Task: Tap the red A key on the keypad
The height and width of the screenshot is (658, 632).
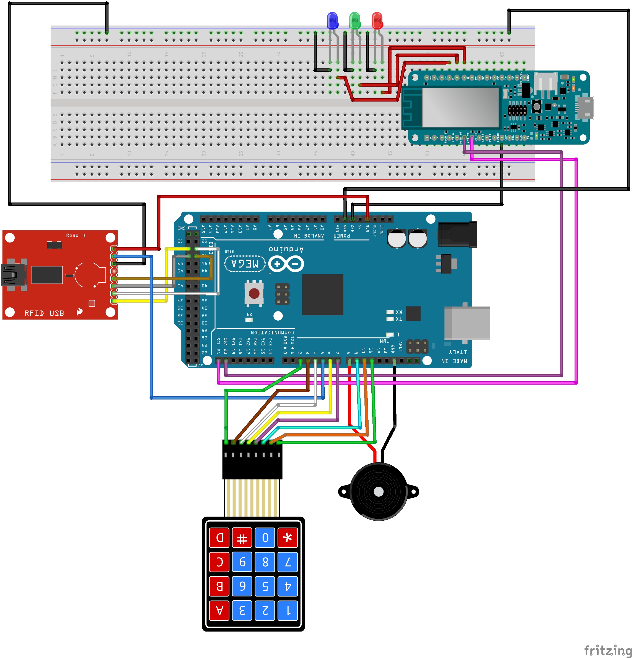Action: [x=220, y=610]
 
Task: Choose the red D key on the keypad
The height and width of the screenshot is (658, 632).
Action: [x=220, y=537]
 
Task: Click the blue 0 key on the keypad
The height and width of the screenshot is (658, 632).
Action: [x=265, y=537]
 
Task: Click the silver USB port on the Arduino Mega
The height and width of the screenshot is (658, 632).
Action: [x=467, y=323]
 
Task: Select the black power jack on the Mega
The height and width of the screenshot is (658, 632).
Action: [x=457, y=234]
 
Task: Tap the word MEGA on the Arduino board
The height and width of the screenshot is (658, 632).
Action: [x=245, y=263]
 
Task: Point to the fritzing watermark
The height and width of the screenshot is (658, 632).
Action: [x=607, y=650]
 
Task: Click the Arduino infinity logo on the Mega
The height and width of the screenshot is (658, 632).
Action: [x=286, y=264]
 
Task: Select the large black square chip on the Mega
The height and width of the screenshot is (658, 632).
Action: [x=322, y=294]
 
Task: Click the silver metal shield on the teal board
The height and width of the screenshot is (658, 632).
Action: [x=460, y=107]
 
